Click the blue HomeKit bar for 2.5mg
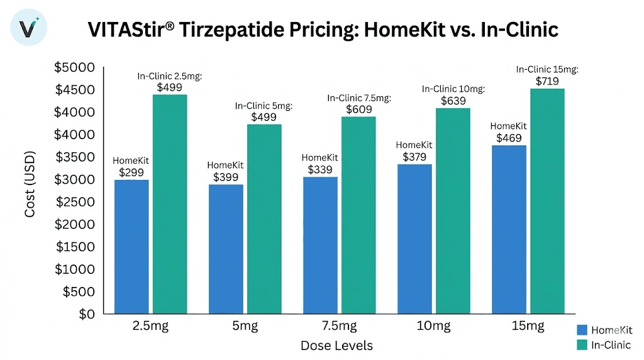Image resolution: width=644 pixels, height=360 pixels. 131,246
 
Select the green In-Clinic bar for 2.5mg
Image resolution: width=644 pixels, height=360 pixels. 169,203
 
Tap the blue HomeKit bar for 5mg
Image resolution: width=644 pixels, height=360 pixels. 226,249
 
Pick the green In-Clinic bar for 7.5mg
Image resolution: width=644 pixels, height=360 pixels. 358,215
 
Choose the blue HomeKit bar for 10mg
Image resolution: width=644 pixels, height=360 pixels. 414,239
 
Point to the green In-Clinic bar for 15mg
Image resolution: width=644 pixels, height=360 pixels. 547,201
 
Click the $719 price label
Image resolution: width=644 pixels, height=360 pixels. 548,81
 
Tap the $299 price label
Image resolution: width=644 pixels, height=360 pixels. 131,171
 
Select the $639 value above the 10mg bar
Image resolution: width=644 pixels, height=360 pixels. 453,101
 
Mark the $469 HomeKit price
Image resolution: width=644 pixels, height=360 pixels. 508,138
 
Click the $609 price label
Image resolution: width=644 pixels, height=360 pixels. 358,109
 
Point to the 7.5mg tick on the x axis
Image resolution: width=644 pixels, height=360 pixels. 340,327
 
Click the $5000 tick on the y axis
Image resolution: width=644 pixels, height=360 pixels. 75,67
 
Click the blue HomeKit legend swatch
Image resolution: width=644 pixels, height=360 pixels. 582,330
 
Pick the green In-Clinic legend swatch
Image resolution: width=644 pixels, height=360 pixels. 582,345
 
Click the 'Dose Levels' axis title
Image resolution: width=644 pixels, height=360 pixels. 336,346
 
